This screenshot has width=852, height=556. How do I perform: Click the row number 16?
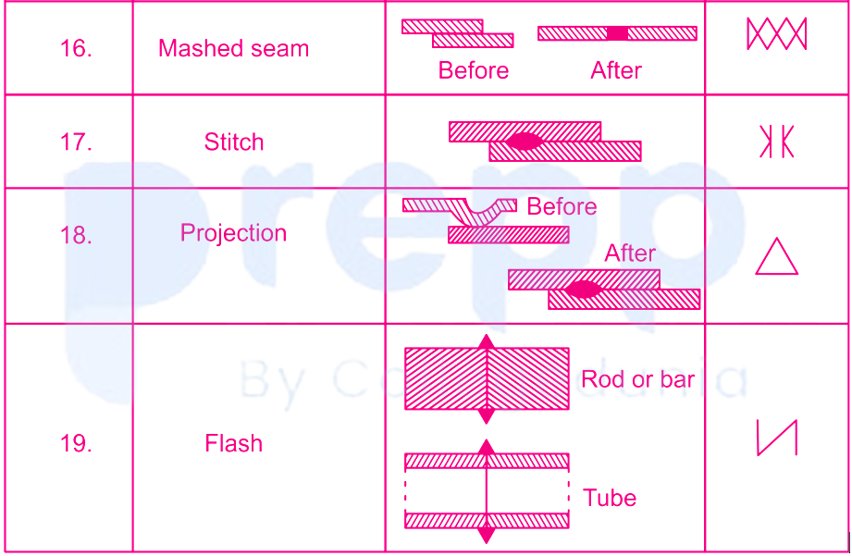tap(76, 48)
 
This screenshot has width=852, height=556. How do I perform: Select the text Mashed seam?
tap(234, 48)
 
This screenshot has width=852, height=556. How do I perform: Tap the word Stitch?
tap(234, 142)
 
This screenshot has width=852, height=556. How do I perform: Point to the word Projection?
tap(234, 233)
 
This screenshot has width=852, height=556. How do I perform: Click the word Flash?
tap(234, 443)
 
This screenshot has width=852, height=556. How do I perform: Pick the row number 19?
tap(76, 443)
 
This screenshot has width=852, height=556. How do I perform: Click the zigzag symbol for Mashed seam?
tap(776, 33)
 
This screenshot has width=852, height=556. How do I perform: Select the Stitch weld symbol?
tap(776, 142)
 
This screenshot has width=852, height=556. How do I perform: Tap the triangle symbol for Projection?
tap(776, 256)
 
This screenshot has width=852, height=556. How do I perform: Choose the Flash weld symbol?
tap(777, 437)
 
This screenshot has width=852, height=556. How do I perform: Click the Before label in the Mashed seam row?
tap(474, 70)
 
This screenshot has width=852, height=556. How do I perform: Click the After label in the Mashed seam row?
tap(616, 70)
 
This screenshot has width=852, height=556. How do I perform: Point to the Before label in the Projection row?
tap(562, 206)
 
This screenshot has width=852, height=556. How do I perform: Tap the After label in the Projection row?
tap(630, 253)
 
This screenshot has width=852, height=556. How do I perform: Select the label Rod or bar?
tap(638, 379)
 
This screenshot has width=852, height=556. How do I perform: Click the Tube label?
tap(610, 498)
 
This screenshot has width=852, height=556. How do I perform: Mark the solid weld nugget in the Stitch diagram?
tap(525, 142)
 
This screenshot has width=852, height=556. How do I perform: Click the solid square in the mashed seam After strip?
tap(617, 33)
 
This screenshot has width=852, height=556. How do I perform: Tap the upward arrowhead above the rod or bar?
tap(487, 342)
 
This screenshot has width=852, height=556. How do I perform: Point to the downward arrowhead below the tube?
tap(487, 536)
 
